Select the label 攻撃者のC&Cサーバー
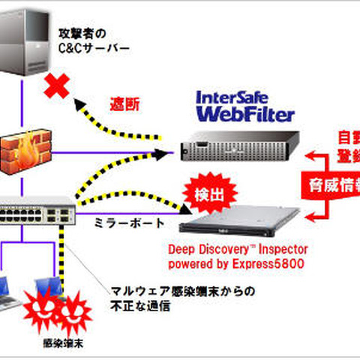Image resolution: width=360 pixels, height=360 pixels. click(94, 42)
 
